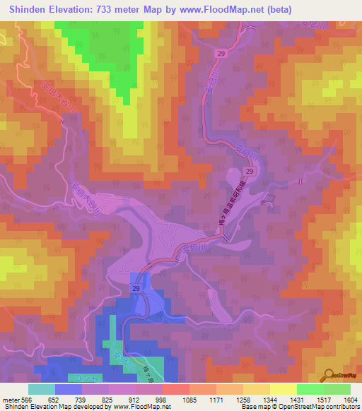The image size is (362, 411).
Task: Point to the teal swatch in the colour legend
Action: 42,389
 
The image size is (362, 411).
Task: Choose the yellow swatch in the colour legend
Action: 283,389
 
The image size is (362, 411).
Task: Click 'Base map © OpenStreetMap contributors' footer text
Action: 300,407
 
